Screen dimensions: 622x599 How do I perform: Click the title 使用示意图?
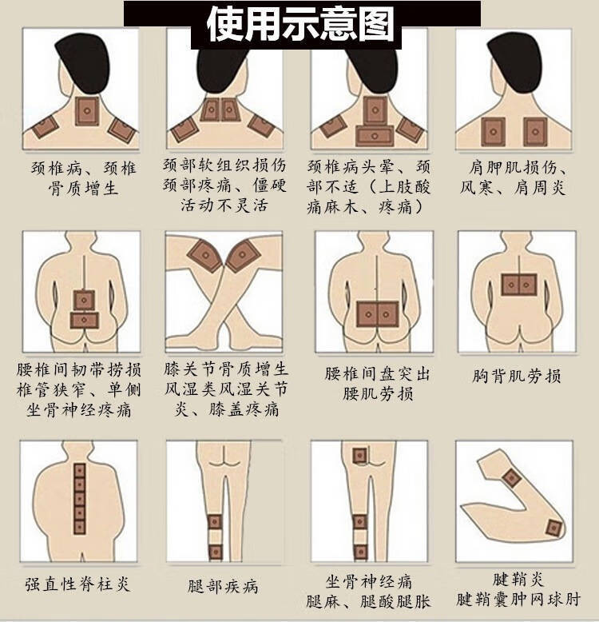[300, 25]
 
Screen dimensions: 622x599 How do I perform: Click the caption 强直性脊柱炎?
[77, 584]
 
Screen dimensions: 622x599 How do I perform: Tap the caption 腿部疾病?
[224, 586]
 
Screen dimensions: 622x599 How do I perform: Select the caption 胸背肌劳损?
[517, 375]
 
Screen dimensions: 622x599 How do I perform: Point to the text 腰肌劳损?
[378, 393]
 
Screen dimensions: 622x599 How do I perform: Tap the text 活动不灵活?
[223, 206]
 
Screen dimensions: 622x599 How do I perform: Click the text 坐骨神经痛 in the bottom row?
[368, 580]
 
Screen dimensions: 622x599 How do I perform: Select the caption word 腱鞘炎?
[518, 579]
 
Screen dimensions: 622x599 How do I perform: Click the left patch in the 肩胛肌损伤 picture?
[494, 130]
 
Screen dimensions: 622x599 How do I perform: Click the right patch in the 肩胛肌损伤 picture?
[534, 130]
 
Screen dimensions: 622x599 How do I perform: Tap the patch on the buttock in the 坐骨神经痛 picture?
[359, 456]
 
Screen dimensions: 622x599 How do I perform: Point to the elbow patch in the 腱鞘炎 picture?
[510, 478]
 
